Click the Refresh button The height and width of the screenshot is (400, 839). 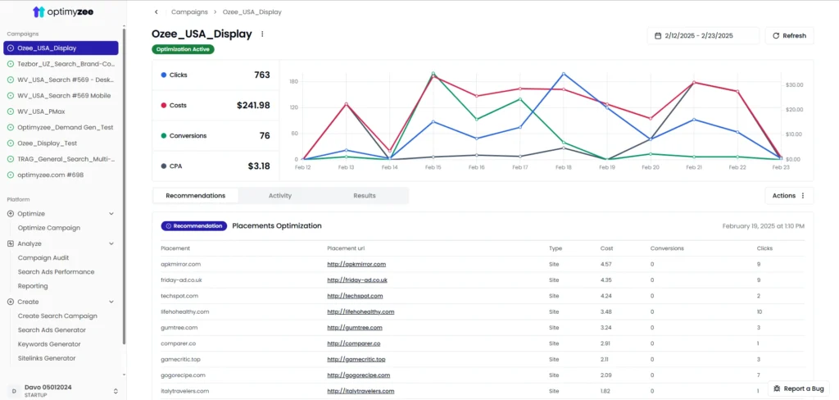(x=789, y=36)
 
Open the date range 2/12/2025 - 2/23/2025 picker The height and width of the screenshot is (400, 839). (x=703, y=36)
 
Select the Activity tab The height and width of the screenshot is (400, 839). (x=279, y=196)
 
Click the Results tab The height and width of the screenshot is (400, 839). (x=365, y=196)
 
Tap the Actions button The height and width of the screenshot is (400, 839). (x=789, y=196)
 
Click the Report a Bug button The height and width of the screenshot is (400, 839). (x=800, y=389)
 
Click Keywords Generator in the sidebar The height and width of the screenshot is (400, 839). (x=49, y=344)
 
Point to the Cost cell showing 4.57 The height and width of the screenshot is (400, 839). (x=606, y=264)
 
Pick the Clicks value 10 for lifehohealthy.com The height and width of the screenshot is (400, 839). (x=760, y=311)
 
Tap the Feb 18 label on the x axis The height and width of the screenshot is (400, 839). (x=563, y=167)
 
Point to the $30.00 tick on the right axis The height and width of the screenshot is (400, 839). (x=794, y=84)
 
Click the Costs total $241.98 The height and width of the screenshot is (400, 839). (x=253, y=105)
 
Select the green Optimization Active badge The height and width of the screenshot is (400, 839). (x=183, y=49)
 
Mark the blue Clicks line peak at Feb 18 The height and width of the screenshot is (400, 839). (x=564, y=74)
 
